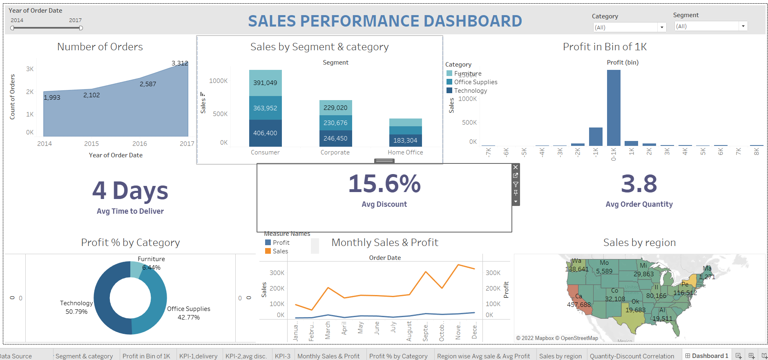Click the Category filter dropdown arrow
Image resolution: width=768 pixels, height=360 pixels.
pyautogui.click(x=662, y=27)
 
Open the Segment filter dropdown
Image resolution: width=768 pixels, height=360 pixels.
pyautogui.click(x=743, y=26)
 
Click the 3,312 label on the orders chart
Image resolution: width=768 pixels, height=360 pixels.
pyautogui.click(x=180, y=63)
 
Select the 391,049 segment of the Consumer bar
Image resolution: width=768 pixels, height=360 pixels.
pyautogui.click(x=265, y=83)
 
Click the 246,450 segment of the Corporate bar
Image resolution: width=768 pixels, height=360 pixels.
pyautogui.click(x=335, y=139)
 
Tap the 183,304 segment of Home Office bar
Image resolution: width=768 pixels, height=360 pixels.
pyautogui.click(x=405, y=141)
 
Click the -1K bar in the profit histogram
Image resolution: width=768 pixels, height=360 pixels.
pyautogui.click(x=596, y=136)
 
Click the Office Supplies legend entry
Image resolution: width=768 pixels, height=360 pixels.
pyautogui.click(x=476, y=82)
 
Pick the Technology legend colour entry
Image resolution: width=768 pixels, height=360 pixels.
pyautogui.click(x=450, y=90)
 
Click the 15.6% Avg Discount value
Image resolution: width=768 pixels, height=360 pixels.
pyautogui.click(x=384, y=184)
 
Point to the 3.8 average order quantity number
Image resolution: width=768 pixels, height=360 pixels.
pyautogui.click(x=639, y=184)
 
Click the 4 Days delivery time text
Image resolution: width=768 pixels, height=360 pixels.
pyautogui.click(x=130, y=191)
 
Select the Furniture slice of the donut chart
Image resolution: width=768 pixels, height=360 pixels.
pyautogui.click(x=136, y=269)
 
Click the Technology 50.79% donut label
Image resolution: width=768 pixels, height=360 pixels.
pyautogui.click(x=76, y=307)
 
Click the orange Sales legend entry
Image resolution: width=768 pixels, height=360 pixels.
pyautogui.click(x=277, y=251)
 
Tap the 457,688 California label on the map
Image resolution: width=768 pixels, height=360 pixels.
pyautogui.click(x=579, y=304)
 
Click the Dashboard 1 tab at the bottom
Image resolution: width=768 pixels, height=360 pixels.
pyautogui.click(x=707, y=356)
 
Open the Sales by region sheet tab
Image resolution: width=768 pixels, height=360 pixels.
pyautogui.click(x=560, y=356)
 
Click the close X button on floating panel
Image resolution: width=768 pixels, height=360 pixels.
pyautogui.click(x=516, y=167)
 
